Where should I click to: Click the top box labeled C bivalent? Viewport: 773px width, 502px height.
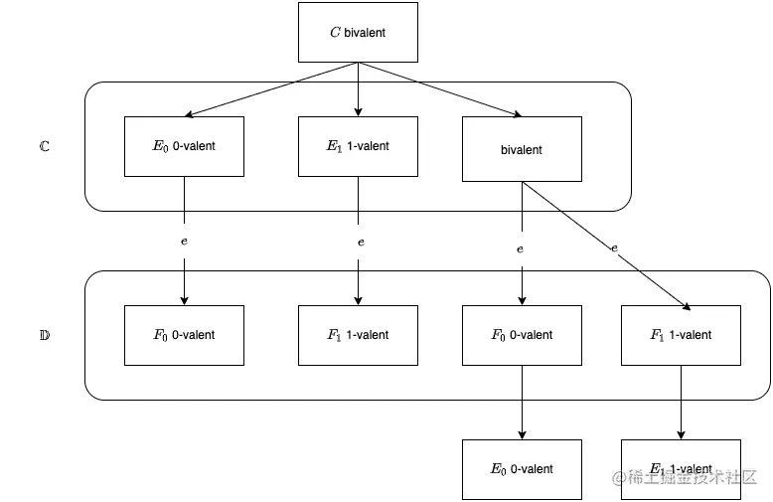[358, 32]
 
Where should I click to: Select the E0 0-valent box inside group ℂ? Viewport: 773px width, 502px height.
[184, 146]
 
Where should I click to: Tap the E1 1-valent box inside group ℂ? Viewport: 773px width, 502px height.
[358, 146]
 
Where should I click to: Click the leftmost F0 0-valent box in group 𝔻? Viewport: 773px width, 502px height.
[184, 335]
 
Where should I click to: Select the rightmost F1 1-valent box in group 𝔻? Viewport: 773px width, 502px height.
[681, 335]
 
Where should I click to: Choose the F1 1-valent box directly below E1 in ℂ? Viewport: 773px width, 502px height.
[358, 335]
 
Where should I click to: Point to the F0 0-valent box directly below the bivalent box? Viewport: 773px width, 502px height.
[522, 335]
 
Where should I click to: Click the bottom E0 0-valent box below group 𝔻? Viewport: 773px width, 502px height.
[522, 468]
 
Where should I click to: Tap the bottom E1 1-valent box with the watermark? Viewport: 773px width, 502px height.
[681, 468]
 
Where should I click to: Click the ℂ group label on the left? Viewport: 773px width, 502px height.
[44, 146]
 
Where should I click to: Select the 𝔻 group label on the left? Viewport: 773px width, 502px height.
[44, 335]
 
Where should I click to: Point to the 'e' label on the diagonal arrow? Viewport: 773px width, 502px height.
[615, 247]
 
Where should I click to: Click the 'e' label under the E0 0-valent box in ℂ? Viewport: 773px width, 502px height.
[184, 242]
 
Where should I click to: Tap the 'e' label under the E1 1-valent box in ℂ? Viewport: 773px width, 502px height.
[361, 242]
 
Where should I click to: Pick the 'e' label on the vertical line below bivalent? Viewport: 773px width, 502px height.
[520, 249]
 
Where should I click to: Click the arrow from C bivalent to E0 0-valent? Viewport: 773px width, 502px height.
[268, 90]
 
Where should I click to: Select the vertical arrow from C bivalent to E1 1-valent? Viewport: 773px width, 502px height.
[358, 89]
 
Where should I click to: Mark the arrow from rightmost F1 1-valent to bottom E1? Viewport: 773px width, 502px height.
[681, 403]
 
